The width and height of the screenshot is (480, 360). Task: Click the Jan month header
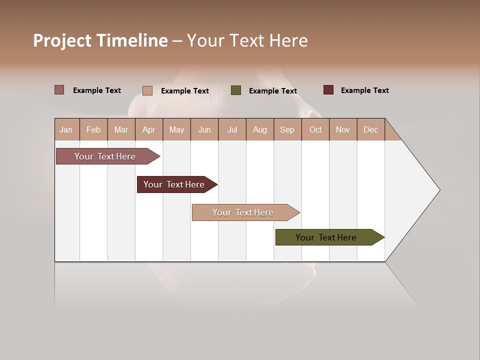coord(66,129)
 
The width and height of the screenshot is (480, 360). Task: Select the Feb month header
coord(93,129)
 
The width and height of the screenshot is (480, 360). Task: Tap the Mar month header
coord(121,129)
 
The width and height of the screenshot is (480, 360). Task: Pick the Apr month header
coord(148,129)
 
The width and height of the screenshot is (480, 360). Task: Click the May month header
coord(176,129)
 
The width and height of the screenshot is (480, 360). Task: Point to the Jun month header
coord(204,129)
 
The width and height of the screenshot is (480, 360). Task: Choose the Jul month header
coord(232,129)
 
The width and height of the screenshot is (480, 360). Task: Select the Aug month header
coord(259,129)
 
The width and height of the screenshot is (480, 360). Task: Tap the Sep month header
coord(287,129)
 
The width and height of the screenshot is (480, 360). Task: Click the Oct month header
coord(315,129)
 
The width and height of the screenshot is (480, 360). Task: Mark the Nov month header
coord(342,129)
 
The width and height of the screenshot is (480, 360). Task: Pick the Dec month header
coord(370,129)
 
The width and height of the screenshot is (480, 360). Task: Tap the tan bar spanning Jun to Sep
coord(243,212)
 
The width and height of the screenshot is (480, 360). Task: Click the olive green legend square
coord(236,90)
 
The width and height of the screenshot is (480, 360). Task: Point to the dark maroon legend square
coord(328,90)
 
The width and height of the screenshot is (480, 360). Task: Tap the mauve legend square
coord(59,89)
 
